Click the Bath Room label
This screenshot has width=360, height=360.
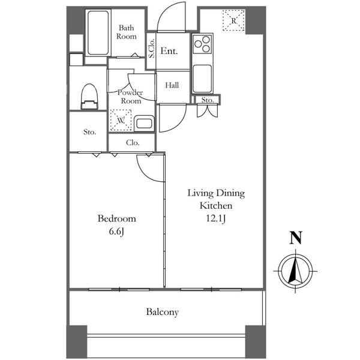126,32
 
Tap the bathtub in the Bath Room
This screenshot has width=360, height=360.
98,33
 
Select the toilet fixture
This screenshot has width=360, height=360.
89,97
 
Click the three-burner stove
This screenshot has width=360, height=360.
202,44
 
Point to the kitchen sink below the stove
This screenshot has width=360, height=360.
202,79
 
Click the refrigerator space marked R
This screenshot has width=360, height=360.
234,20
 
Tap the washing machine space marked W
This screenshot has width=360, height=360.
121,120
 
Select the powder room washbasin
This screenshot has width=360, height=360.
144,124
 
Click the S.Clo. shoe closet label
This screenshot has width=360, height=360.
151,48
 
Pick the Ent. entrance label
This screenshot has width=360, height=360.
169,51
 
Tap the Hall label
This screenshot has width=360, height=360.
172,85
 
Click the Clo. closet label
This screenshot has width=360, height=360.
133,143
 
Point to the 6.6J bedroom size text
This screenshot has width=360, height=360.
116,232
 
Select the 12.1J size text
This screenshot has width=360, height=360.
216,218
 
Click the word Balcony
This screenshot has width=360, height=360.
163,312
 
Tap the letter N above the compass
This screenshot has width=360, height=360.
295,238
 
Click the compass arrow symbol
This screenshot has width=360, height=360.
295,271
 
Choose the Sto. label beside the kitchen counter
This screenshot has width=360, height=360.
208,100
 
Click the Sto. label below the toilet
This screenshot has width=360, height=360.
89,132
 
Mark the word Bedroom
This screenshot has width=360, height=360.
116,218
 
